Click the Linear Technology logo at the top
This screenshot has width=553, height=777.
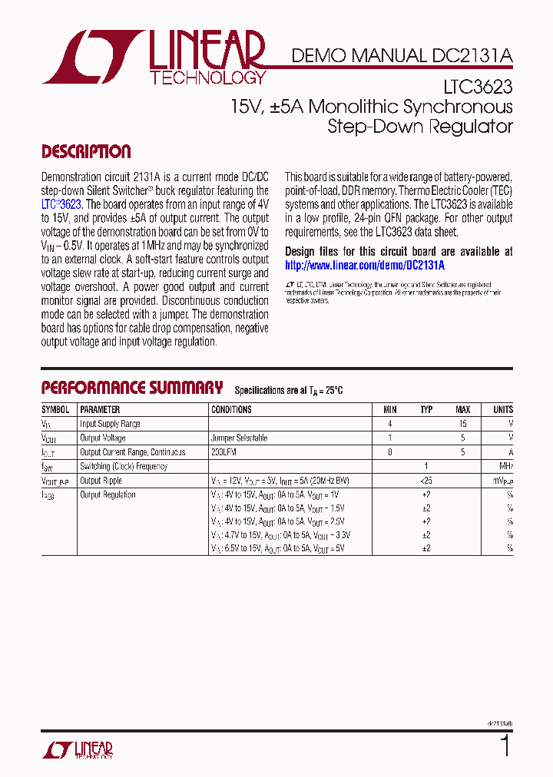(x=154, y=57)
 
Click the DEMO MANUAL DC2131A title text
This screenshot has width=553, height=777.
(x=402, y=55)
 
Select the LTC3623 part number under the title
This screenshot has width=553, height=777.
(x=482, y=88)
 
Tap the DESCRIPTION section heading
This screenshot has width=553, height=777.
(x=86, y=152)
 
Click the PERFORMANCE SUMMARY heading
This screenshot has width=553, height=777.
(x=132, y=388)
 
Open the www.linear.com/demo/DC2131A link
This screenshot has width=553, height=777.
(x=365, y=265)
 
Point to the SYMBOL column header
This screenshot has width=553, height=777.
(x=55, y=410)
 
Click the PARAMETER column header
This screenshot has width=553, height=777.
(x=101, y=410)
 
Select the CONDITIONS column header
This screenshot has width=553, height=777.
(x=231, y=410)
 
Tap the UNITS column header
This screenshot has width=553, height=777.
(x=502, y=410)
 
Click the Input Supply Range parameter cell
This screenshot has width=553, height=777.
(x=110, y=424)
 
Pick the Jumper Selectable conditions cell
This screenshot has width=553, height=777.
(x=240, y=438)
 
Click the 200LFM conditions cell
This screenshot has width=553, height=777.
(x=224, y=452)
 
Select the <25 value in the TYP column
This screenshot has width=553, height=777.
(x=426, y=481)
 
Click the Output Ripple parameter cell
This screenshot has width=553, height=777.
(x=101, y=481)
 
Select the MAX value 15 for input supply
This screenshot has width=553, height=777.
(x=462, y=424)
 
